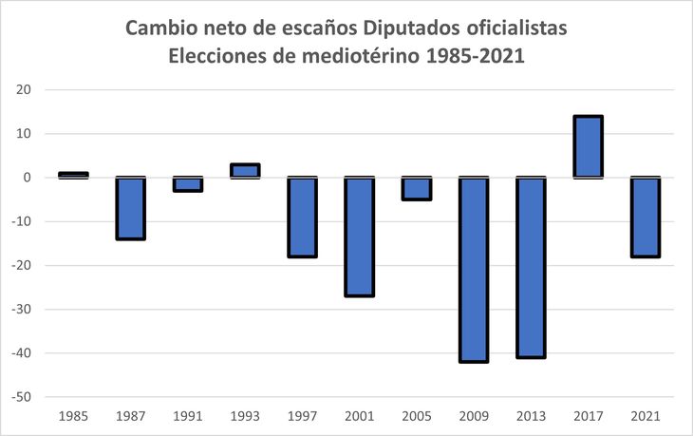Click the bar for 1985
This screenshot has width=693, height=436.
click(73, 175)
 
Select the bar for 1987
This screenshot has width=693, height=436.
click(130, 208)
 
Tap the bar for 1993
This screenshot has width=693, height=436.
click(245, 171)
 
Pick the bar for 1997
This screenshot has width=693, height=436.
click(302, 217)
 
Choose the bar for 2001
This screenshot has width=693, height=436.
click(359, 237)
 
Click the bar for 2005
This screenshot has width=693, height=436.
click(416, 188)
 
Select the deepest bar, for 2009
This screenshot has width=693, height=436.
click(473, 270)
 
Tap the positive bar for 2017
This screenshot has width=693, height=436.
click(588, 147)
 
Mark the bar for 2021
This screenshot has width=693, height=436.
click(645, 217)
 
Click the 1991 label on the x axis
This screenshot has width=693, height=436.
click(188, 416)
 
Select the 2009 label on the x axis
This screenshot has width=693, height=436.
click(473, 416)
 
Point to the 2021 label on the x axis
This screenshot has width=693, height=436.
click(645, 416)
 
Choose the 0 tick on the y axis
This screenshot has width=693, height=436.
click(28, 178)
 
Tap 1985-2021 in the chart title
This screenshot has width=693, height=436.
click(475, 56)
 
